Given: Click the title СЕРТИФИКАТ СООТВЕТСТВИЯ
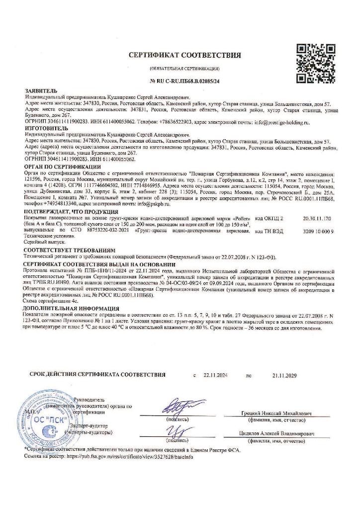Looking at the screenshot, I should (x=184, y=55).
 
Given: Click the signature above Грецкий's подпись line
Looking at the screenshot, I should (x=177, y=409).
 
